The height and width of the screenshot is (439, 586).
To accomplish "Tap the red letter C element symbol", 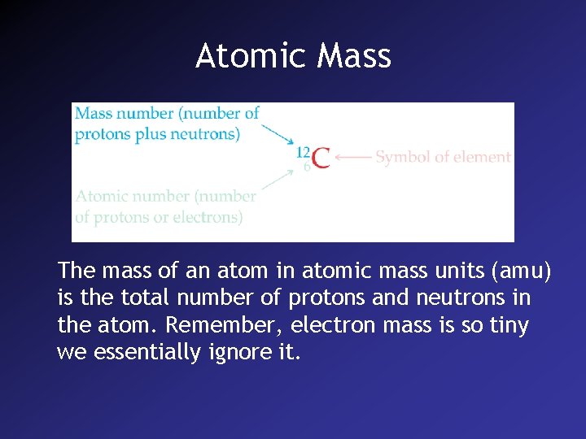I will tap(321, 158).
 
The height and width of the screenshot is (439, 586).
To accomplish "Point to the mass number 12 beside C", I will tap(303, 151).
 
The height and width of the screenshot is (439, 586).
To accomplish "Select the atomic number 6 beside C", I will tap(307, 167).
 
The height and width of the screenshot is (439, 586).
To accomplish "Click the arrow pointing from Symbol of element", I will tap(353, 157).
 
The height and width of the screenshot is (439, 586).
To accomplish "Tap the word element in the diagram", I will tap(483, 157).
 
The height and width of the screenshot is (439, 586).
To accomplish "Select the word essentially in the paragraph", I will tap(143, 352).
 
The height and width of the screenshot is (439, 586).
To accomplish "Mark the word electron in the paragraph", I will tap(331, 325).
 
